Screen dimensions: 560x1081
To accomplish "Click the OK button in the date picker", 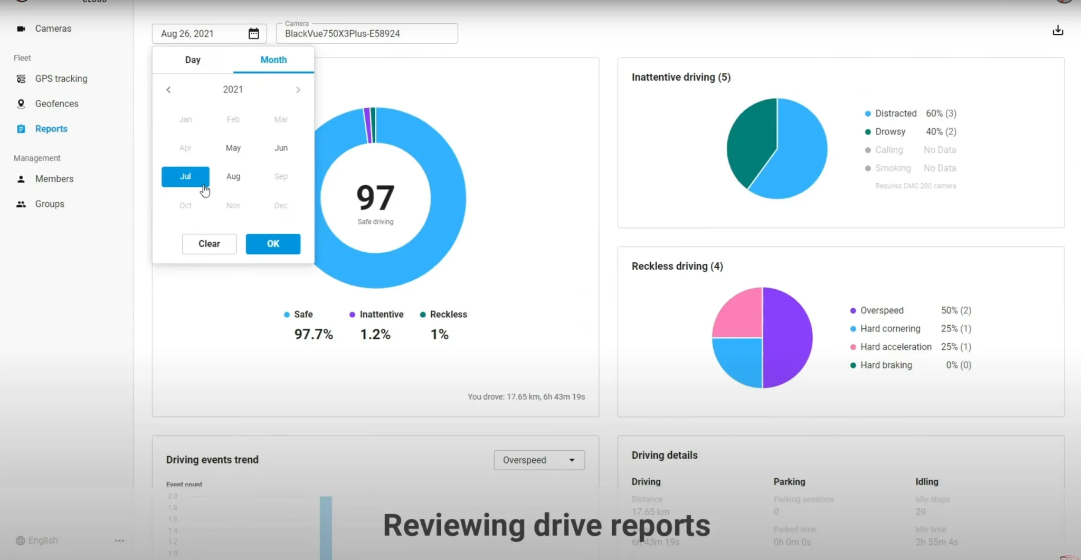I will click(273, 244).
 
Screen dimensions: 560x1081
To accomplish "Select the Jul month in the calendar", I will click(185, 177).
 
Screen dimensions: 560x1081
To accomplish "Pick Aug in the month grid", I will click(233, 177).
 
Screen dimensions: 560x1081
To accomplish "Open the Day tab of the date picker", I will click(193, 60).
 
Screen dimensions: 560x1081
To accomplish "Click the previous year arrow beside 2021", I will click(168, 90).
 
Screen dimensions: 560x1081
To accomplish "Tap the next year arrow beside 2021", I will click(298, 90).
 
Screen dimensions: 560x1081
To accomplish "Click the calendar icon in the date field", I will click(254, 34).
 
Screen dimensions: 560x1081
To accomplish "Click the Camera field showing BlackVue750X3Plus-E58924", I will click(367, 34).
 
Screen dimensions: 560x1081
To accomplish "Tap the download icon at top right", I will click(1058, 31).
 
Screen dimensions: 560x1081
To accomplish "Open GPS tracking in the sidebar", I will click(61, 79).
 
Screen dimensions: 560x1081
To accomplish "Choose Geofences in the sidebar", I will click(56, 104).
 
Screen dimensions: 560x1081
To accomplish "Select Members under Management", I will click(54, 179).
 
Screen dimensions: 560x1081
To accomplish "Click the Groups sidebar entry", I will click(49, 204).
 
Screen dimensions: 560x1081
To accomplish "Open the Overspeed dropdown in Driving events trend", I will click(539, 460).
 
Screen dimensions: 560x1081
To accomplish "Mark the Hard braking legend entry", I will click(886, 365).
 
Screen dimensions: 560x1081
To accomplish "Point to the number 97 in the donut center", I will click(375, 198).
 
